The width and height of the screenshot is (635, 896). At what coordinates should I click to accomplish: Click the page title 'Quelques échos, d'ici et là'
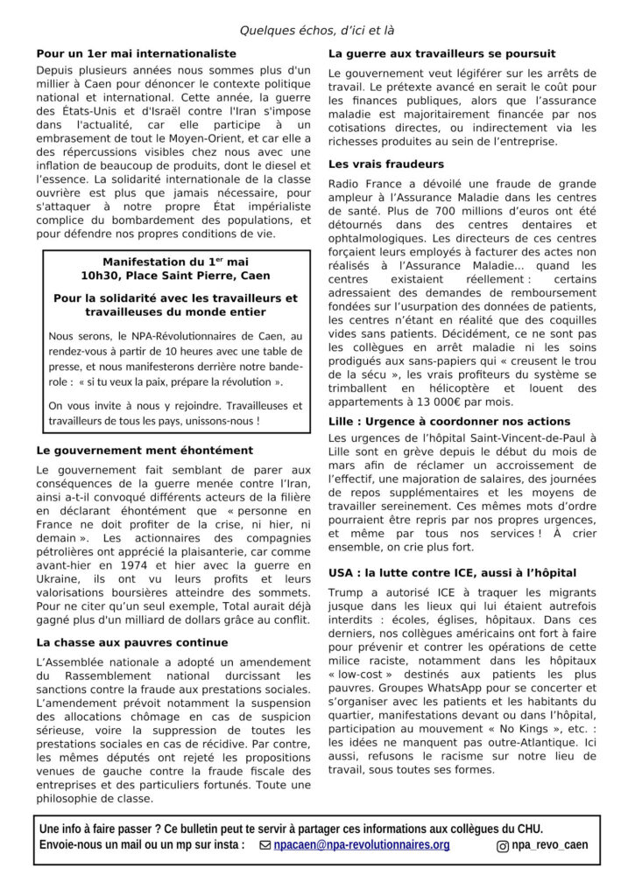click(x=317, y=31)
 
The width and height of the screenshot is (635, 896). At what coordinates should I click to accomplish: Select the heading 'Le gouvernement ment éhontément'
click(x=145, y=450)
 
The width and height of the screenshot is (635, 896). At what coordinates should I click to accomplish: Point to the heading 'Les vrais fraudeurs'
click(x=385, y=164)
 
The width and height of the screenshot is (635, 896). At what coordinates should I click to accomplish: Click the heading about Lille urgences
click(x=448, y=421)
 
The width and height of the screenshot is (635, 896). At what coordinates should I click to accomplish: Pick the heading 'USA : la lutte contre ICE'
click(x=452, y=572)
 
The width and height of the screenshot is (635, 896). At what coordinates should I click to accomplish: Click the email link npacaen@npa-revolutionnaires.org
click(x=361, y=845)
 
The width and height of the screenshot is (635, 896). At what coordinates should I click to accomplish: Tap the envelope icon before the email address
click(x=265, y=845)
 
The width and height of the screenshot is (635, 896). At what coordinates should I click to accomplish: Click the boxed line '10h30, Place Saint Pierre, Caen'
click(x=177, y=276)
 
